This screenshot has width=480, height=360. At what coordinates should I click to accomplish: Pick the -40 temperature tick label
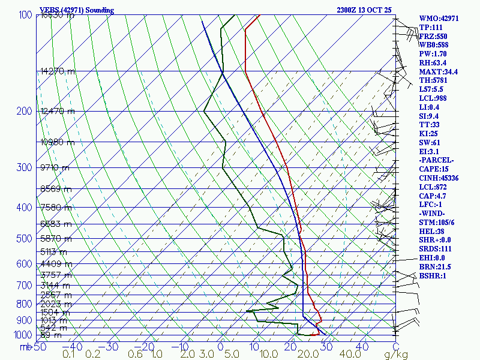click(x=75, y=346)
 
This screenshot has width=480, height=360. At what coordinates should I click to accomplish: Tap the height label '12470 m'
click(x=58, y=112)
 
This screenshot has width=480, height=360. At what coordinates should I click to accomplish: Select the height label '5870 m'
click(x=56, y=239)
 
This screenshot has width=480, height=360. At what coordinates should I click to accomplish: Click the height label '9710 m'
click(x=55, y=168)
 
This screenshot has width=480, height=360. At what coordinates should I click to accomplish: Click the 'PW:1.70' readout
click(x=433, y=54)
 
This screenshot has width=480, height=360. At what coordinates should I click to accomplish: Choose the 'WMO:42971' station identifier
click(x=439, y=19)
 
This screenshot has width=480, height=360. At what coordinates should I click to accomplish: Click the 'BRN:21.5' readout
click(x=435, y=266)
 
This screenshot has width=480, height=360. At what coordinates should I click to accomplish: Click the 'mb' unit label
click(x=25, y=346)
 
